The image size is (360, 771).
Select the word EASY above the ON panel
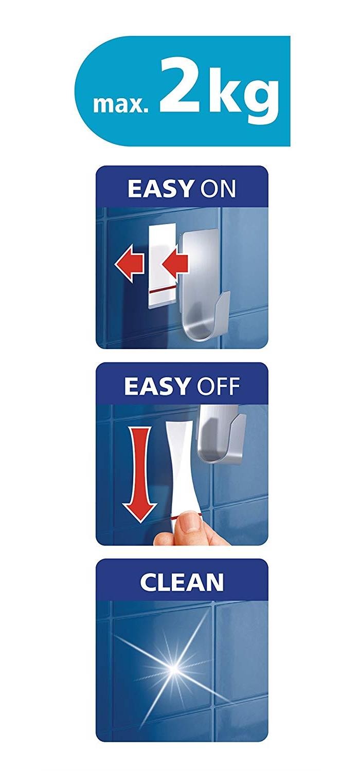click(x=159, y=188)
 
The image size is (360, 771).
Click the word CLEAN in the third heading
click(x=182, y=582)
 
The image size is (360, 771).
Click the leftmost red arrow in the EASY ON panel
click(x=129, y=265)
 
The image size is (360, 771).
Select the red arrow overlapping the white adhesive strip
click(x=175, y=265)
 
